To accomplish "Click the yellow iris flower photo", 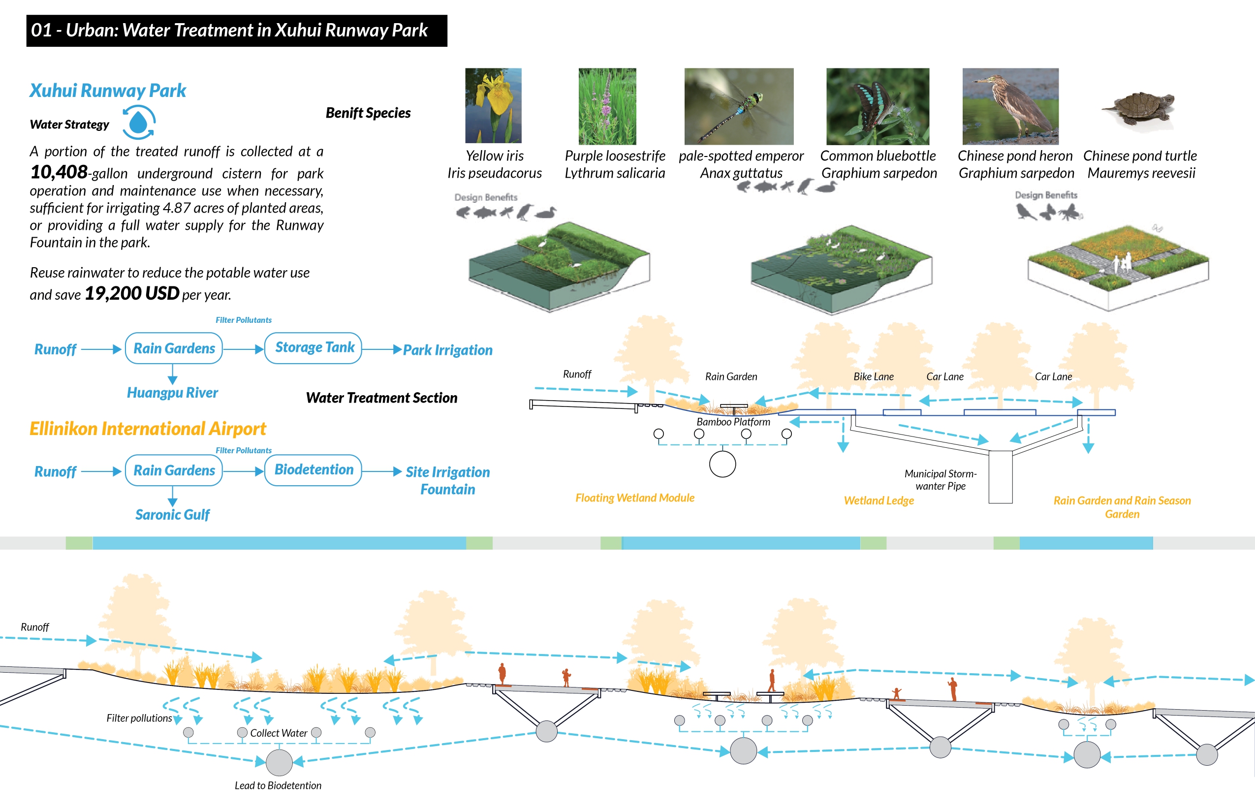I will pyautogui.click(x=493, y=105).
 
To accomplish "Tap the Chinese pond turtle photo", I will pyautogui.click(x=1139, y=108).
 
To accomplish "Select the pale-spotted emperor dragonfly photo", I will pyautogui.click(x=738, y=106).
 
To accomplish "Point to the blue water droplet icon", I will pyautogui.click(x=138, y=123).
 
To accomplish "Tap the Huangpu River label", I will pyautogui.click(x=172, y=393).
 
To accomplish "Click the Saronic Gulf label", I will pyautogui.click(x=172, y=515).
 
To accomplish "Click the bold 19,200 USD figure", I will pyautogui.click(x=132, y=293).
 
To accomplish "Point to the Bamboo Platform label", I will pyautogui.click(x=733, y=422).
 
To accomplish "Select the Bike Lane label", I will pyautogui.click(x=873, y=376).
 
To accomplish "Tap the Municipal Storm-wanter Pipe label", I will pyautogui.click(x=940, y=480).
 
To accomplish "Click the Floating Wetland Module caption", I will pyautogui.click(x=634, y=498).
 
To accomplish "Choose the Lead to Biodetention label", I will pyautogui.click(x=278, y=785).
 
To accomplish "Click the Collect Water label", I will pyautogui.click(x=278, y=733).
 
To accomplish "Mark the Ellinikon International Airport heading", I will pyautogui.click(x=148, y=429).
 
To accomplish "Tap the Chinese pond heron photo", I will pyautogui.click(x=1010, y=106).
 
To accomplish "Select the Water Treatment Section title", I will pyautogui.click(x=381, y=398).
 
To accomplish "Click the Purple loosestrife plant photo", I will pyautogui.click(x=607, y=106).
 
